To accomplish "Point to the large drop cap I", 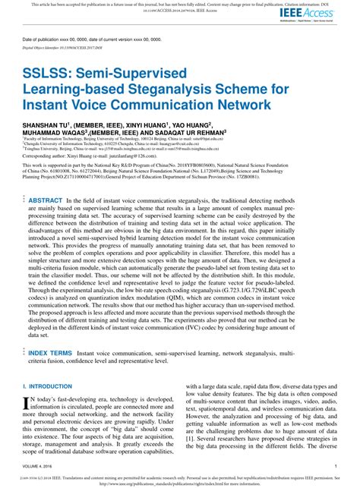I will click(x=28, y=403).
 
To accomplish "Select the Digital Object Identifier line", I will click(x=61, y=46).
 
